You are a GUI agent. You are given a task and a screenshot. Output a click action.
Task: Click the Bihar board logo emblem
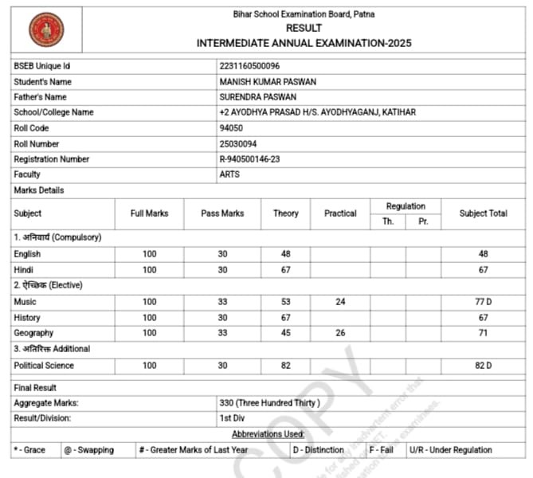46,30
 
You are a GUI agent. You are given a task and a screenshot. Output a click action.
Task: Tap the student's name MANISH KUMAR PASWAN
268,81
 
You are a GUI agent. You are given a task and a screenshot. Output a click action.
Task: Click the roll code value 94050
229,127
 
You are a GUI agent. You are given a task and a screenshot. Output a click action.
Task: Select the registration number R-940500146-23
249,159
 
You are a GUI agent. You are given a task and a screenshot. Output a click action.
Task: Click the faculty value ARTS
229,174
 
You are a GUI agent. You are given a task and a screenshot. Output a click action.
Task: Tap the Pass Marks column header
222,214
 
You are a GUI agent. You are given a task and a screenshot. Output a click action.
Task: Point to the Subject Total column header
483,214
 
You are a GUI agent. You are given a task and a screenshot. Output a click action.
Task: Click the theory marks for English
285,254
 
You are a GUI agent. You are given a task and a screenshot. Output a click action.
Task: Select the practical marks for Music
340,302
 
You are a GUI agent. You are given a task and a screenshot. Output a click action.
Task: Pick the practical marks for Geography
340,333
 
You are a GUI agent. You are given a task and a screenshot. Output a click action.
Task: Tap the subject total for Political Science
483,365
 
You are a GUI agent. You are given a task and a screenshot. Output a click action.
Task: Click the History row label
27,318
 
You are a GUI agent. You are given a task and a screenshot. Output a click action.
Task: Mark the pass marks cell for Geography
222,333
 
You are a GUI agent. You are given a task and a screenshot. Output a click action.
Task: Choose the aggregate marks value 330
269,403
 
